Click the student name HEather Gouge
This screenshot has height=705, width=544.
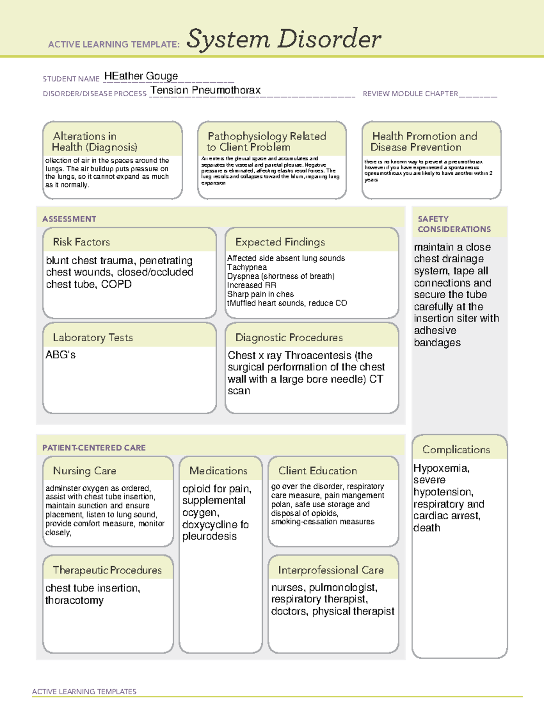(x=141, y=76)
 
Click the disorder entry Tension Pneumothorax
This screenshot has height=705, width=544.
(x=205, y=90)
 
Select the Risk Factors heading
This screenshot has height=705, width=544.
(x=81, y=242)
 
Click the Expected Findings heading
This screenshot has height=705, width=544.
(x=280, y=242)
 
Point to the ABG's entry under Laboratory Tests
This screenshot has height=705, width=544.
(x=60, y=355)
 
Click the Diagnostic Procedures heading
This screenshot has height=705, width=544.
(x=289, y=338)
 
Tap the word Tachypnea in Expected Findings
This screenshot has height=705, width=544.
(x=247, y=267)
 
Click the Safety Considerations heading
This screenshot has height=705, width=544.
(x=454, y=224)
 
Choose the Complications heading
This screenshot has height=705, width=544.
(x=456, y=450)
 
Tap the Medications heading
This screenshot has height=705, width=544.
(x=218, y=471)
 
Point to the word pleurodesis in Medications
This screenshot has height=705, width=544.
(x=209, y=537)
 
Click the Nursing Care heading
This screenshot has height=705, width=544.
(x=84, y=471)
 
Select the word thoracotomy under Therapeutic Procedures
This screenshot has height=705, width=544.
(x=74, y=601)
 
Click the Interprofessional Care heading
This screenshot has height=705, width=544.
(x=330, y=570)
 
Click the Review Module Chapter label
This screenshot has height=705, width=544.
(x=410, y=94)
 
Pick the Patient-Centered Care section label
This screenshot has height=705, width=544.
(x=94, y=448)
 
